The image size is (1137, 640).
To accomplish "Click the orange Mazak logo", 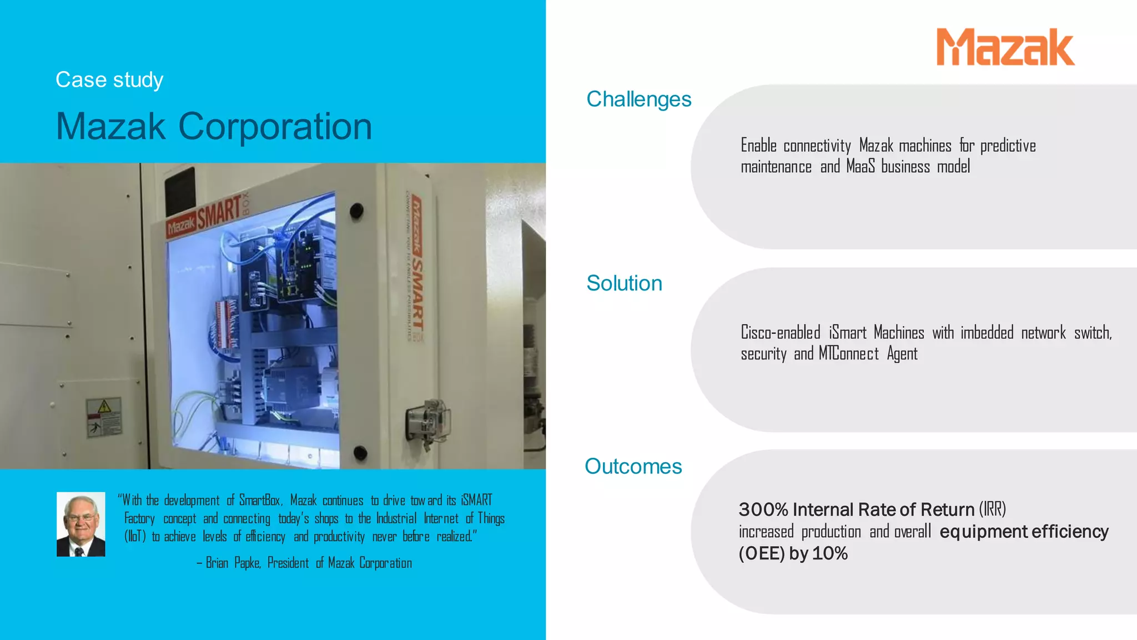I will (1005, 48).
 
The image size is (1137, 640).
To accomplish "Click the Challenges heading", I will (638, 99).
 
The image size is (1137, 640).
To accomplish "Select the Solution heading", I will (624, 283).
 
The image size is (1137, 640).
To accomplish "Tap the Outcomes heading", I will (633, 467).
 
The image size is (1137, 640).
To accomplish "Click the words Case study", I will (109, 80).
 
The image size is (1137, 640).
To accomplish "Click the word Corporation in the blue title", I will (275, 127).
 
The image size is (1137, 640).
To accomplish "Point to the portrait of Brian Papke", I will (81, 524).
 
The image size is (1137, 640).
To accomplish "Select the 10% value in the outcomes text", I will (829, 553).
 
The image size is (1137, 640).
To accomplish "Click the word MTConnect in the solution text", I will (848, 354).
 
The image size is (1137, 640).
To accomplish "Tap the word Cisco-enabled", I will (780, 333).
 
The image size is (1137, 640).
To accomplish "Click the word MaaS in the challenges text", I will (860, 167).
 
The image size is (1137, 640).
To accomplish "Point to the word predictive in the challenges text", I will (1008, 146).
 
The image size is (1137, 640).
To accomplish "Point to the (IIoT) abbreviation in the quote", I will (135, 537).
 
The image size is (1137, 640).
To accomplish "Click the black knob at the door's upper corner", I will (356, 211).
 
